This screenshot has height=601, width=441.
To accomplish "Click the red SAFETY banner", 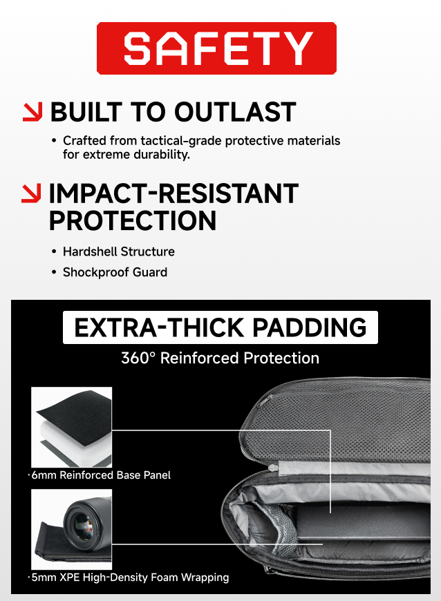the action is click(x=216, y=48).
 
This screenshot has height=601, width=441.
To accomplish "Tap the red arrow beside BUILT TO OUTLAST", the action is click(x=32, y=112).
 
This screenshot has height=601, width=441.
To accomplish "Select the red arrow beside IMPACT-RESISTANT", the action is click(x=31, y=193).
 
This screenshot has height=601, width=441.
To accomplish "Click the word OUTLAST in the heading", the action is click(x=235, y=113).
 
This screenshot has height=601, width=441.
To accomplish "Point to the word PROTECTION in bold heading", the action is click(x=133, y=221).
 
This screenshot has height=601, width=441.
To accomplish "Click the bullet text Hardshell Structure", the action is click(x=119, y=252).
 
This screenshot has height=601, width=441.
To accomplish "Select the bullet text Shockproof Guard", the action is click(x=115, y=272).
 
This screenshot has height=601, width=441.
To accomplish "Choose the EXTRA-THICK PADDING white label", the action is click(x=220, y=327).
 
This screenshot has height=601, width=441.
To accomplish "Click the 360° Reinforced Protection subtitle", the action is click(x=220, y=358).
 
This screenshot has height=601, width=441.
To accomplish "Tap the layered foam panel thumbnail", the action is click(x=72, y=427).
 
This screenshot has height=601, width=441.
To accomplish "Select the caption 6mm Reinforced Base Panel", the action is click(x=100, y=475).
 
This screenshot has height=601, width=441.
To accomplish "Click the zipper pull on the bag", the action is click(x=274, y=468).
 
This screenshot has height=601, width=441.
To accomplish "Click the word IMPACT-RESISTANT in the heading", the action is click(x=173, y=193).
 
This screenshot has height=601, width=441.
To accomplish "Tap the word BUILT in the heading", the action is click(x=86, y=113).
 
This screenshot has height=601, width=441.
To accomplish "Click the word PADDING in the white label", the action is click(x=310, y=327).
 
